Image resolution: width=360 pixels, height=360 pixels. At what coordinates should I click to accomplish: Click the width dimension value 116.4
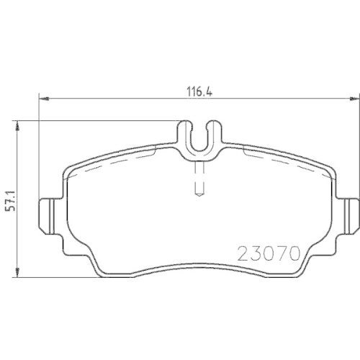[199, 92]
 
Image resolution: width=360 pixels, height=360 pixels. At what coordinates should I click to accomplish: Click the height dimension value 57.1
[11, 201]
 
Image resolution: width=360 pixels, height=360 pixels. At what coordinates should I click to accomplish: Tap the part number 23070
[269, 254]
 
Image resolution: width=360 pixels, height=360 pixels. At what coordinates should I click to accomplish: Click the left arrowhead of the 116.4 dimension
[44, 99]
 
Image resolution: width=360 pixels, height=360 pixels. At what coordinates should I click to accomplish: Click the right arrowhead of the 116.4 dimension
[355, 99]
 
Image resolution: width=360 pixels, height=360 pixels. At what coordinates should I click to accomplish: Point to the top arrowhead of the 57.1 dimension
[17, 125]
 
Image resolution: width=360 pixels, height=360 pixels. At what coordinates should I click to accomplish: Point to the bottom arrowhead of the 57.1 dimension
[17, 273]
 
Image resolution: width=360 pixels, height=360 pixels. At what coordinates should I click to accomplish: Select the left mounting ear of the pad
[51, 216]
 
